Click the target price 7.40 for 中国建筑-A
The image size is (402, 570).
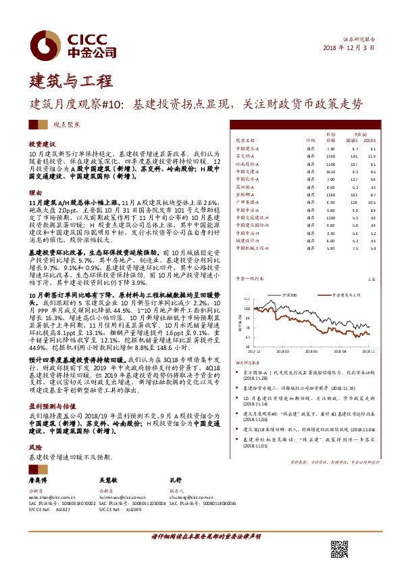(331, 149)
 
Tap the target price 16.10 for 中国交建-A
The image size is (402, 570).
(331, 172)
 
